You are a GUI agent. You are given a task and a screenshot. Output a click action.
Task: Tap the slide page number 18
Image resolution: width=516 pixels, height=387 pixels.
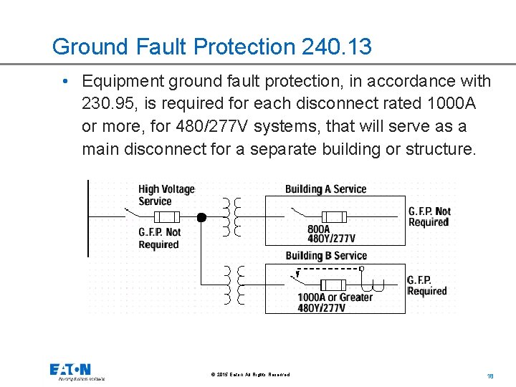(x=491, y=376)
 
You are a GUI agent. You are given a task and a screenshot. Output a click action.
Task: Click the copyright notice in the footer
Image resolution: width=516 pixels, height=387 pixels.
(x=251, y=375)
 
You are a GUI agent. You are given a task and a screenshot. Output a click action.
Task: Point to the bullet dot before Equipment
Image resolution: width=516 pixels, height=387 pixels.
(x=67, y=81)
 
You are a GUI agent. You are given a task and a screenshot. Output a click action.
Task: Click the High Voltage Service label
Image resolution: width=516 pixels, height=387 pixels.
(x=166, y=195)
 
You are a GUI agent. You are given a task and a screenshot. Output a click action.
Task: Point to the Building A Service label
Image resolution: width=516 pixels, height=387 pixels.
(x=325, y=189)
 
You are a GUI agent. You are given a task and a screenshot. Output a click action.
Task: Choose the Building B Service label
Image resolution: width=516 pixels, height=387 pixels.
(x=325, y=256)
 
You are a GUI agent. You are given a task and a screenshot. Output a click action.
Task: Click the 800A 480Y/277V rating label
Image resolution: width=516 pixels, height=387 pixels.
(x=330, y=234)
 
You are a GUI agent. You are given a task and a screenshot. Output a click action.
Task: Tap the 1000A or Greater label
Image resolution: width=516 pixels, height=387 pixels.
(x=335, y=297)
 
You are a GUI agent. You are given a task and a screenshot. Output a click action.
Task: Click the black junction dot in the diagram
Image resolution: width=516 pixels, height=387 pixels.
(x=201, y=217)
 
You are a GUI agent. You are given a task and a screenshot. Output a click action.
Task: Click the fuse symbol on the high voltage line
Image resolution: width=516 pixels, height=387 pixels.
(x=167, y=216)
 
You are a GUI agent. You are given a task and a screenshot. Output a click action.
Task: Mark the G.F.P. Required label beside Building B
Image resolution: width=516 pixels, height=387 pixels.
(x=426, y=285)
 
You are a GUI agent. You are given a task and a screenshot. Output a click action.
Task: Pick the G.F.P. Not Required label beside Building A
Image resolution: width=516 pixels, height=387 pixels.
(x=429, y=216)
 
